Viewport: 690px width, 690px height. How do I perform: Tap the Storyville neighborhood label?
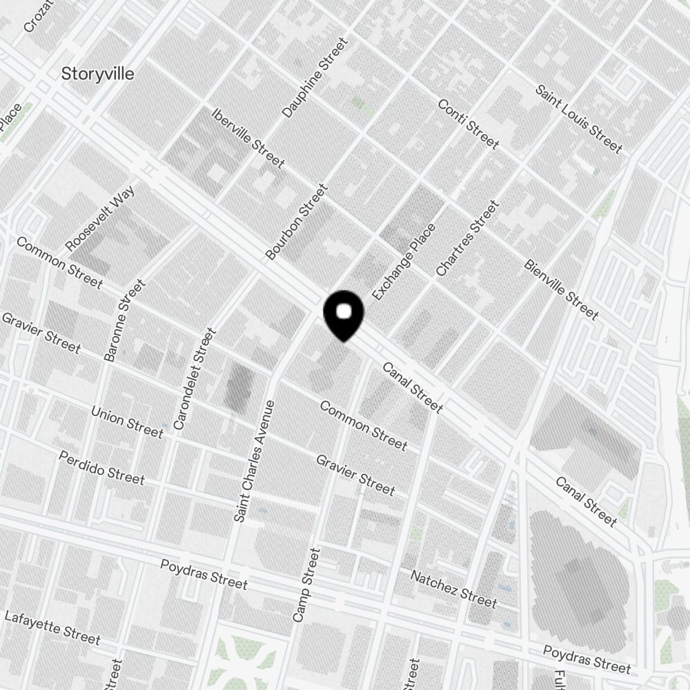(x=98, y=73)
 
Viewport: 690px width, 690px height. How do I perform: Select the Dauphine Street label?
(x=315, y=78)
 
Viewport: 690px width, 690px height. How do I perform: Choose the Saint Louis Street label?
(x=579, y=119)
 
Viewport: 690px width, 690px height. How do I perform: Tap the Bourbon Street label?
(x=297, y=221)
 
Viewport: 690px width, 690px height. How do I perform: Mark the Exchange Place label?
(x=404, y=262)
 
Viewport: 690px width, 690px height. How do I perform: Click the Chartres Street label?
(x=467, y=238)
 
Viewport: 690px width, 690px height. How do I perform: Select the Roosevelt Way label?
(x=100, y=217)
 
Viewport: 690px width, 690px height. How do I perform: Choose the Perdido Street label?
(x=101, y=467)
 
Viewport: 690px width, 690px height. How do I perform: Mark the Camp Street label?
(x=307, y=585)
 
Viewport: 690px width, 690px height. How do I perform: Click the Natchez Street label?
(x=453, y=589)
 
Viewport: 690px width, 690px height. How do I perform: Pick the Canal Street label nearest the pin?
(x=412, y=388)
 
